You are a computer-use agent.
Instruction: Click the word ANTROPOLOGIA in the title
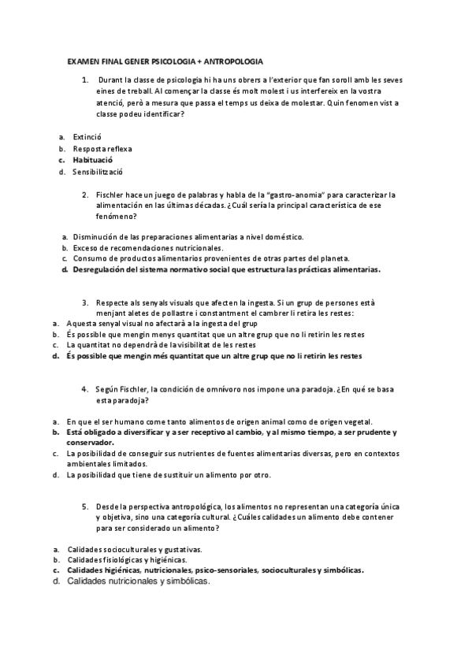pos(234,61)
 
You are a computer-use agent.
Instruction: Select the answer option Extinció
pos(87,136)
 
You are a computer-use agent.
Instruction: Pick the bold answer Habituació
pos(94,160)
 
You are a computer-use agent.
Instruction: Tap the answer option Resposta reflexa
pos(102,148)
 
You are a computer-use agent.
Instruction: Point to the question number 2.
pos(85,194)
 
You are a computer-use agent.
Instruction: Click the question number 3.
pos(85,302)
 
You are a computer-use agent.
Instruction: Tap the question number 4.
pos(84,388)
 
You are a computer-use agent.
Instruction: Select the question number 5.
pos(84,507)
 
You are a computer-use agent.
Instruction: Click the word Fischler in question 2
pos(111,194)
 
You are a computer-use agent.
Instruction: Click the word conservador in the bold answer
pos(92,443)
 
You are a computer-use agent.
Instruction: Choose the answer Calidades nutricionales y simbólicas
pos(138,581)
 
